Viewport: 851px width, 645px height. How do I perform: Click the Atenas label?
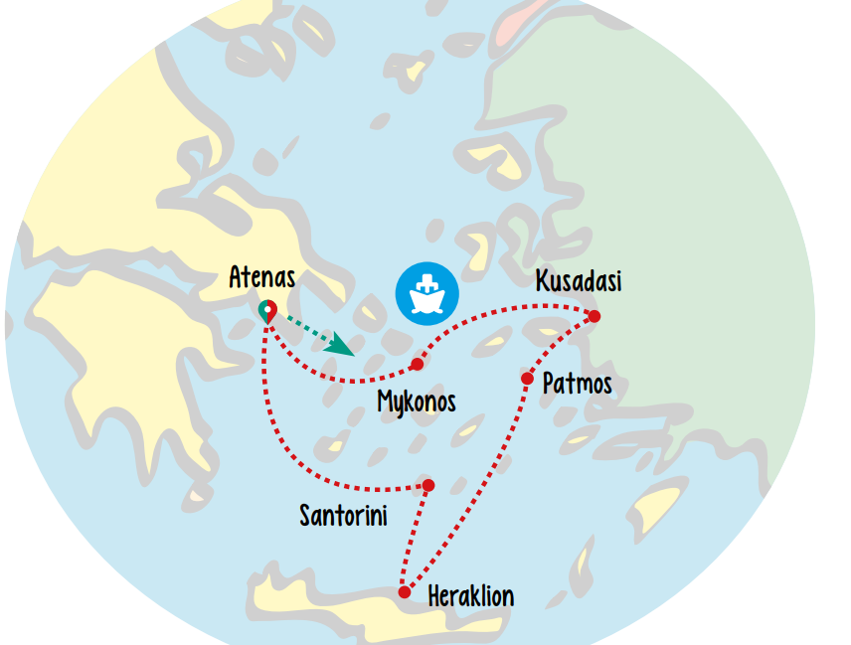(x=261, y=276)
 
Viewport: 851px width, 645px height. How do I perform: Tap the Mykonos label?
(x=417, y=402)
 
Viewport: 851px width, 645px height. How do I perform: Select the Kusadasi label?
(x=578, y=281)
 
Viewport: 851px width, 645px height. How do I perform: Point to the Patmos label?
(x=577, y=383)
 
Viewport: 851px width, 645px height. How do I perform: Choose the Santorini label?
(x=343, y=515)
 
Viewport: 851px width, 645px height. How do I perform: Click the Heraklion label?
(x=470, y=596)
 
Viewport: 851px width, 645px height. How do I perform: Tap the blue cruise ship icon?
(x=426, y=293)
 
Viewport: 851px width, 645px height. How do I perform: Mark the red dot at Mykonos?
(x=418, y=365)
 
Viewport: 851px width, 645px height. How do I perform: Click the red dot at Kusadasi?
(x=595, y=316)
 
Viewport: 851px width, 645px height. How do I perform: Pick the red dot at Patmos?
(x=527, y=379)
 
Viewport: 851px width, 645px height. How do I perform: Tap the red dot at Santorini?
(x=428, y=485)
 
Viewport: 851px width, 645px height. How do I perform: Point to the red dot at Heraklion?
(x=405, y=592)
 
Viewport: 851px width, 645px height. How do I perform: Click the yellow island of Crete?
(x=328, y=602)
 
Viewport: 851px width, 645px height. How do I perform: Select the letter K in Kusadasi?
(x=542, y=281)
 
